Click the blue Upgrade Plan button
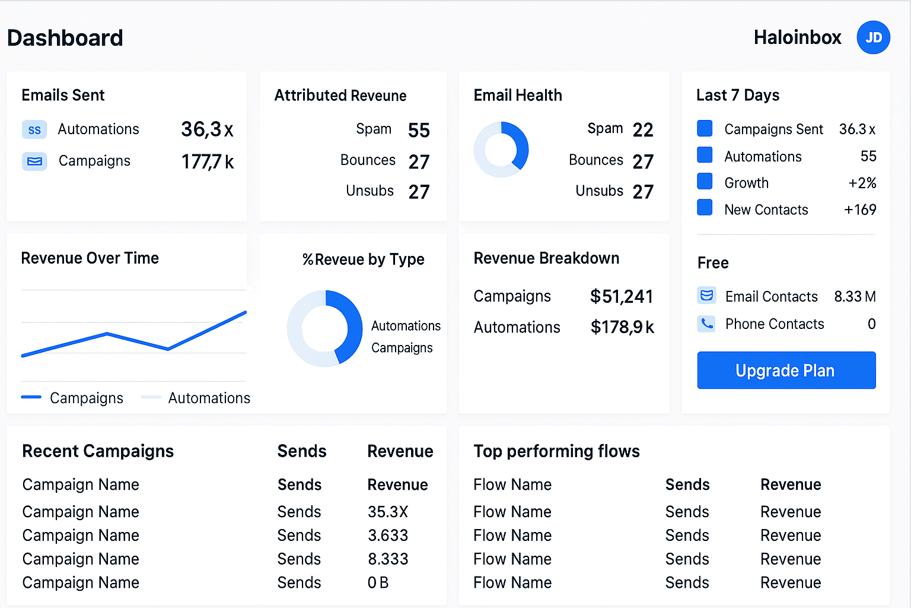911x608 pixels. pos(786,370)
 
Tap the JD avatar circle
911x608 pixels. pos(873,37)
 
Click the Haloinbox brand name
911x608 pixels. pos(797,37)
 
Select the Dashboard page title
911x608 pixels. pos(65,38)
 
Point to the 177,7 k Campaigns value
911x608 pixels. pos(208,161)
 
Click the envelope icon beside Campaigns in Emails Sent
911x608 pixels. pos(34,161)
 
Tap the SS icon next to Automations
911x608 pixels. pos(34,129)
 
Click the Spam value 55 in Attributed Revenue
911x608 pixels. pos(419,131)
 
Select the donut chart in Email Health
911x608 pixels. pos(501,149)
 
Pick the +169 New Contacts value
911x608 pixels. pos(860,210)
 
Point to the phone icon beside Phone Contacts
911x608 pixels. pos(706,324)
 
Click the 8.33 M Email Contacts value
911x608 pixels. pos(855,296)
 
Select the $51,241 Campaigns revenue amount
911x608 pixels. pos(622,296)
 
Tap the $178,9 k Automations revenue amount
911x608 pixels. pos(622,327)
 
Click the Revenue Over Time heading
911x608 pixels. pos(90,258)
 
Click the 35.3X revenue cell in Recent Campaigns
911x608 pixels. pos(388,512)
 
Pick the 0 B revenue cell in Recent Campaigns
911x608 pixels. pos(378,582)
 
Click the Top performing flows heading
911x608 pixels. pos(556,451)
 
